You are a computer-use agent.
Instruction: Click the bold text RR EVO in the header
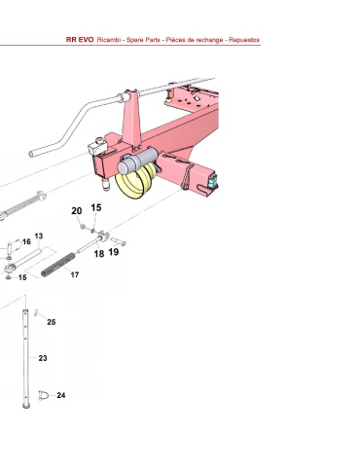(x=80, y=40)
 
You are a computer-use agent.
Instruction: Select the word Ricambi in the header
(x=109, y=40)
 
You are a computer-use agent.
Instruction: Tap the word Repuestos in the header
(x=244, y=40)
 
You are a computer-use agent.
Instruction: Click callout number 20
(x=77, y=211)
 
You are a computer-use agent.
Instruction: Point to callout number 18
(x=99, y=254)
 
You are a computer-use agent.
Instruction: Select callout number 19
(x=114, y=252)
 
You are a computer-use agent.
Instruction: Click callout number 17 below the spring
(x=75, y=275)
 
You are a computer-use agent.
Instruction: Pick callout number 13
(x=39, y=236)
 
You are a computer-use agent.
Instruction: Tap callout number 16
(x=26, y=241)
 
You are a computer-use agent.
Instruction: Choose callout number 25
(x=52, y=322)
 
